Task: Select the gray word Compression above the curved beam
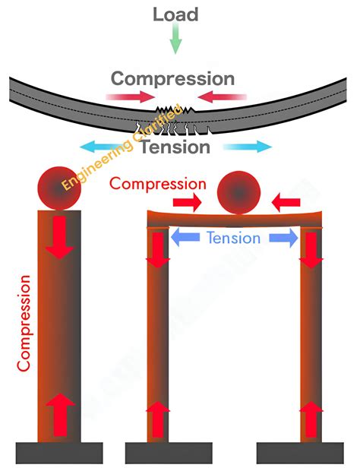(173, 78)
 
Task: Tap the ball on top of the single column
(60, 189)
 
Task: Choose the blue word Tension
(233, 238)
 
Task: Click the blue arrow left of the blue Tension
(185, 238)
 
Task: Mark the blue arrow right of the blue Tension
(281, 238)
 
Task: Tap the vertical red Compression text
(25, 322)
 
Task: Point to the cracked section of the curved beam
(177, 121)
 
